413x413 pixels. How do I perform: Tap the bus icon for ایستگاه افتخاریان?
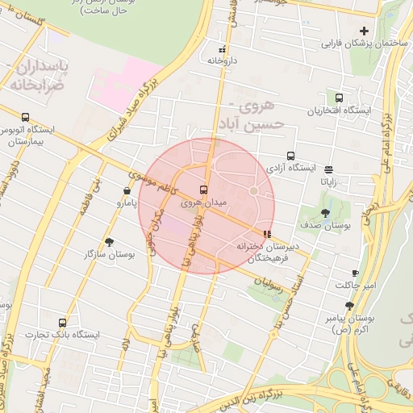[x=339, y=98]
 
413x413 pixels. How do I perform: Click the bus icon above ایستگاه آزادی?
[x=290, y=156]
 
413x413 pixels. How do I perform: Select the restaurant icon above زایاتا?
[x=329, y=169]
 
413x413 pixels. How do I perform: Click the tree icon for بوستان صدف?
[x=325, y=213]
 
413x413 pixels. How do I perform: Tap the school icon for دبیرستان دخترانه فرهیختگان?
[x=268, y=236]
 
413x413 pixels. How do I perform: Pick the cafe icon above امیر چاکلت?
[x=355, y=273]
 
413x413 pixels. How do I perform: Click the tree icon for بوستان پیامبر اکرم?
[x=349, y=306]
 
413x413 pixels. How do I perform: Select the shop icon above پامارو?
[x=127, y=191]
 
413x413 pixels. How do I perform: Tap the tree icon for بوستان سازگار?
[x=110, y=241]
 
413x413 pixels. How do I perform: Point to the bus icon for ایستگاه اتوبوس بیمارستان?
[x=25, y=117]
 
